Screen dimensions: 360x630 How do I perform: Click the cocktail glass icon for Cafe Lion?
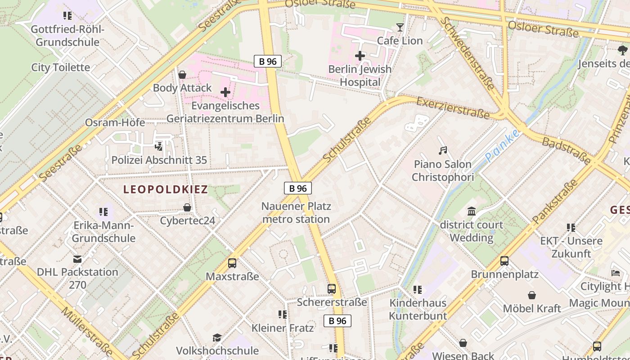pos(400,27)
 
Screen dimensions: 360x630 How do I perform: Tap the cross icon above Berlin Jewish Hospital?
pos(360,56)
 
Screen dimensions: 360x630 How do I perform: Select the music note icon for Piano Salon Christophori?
pos(443,151)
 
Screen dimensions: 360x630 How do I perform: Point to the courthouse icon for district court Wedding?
pos(472,211)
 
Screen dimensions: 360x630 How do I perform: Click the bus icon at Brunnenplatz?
pos(504,261)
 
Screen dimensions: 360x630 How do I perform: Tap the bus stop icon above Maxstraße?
pos(232,263)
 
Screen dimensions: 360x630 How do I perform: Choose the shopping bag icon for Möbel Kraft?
pos(532,295)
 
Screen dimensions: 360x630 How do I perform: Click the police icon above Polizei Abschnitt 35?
pos(159,146)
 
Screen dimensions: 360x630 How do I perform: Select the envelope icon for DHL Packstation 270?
pos(77,259)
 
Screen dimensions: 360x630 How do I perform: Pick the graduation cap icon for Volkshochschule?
pos(217,337)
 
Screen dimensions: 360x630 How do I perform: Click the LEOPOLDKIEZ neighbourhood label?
pos(166,189)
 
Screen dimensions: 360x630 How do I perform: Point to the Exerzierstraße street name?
pos(453,108)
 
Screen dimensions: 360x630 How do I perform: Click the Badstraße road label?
pos(567,151)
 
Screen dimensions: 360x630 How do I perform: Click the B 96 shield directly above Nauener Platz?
pos(298,188)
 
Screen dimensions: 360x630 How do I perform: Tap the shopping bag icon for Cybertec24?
pos(187,207)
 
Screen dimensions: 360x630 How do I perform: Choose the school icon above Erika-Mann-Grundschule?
pos(103,211)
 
